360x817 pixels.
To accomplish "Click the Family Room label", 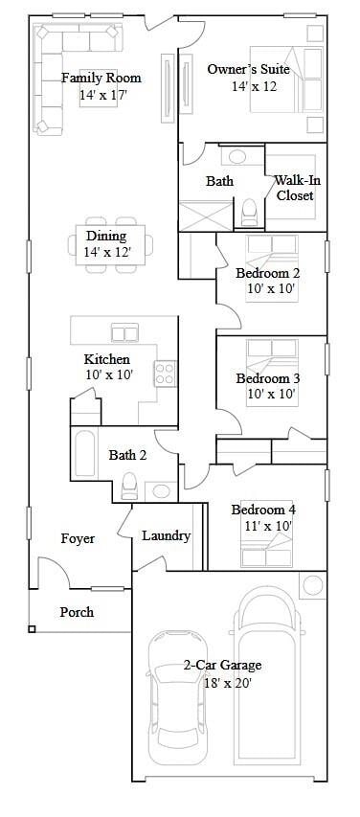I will coord(101,78).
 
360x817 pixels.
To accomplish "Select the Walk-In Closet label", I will coord(296,188).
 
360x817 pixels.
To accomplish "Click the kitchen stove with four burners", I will coord(166,374).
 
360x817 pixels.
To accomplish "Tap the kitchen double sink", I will coord(124,333).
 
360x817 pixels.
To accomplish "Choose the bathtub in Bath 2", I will coord(83,455).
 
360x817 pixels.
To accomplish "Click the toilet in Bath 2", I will coord(127,488).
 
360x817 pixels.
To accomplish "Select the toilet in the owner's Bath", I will coord(249,208).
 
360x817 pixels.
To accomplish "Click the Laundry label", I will coord(167,536).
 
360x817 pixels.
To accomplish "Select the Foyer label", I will coord(78,539).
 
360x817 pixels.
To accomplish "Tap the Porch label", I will coord(77,612).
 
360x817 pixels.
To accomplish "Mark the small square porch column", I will coord(33,629).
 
